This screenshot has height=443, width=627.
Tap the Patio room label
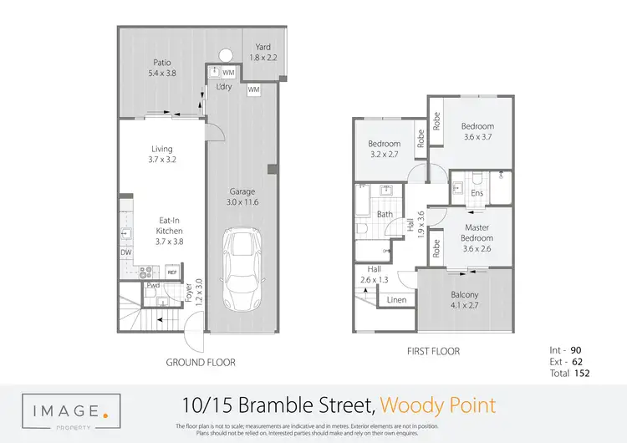click(x=163, y=67)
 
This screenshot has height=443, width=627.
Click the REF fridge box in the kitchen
click(x=172, y=272)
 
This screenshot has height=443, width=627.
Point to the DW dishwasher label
click(x=125, y=252)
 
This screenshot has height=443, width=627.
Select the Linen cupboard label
click(x=397, y=299)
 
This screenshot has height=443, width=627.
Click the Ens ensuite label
click(x=477, y=193)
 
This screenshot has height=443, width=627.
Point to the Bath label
click(x=385, y=214)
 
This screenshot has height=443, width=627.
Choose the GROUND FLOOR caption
click(x=200, y=363)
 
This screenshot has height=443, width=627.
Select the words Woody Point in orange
click(x=437, y=406)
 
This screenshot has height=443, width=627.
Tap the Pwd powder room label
click(x=153, y=286)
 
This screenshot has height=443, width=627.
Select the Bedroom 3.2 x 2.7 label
click(x=385, y=149)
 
